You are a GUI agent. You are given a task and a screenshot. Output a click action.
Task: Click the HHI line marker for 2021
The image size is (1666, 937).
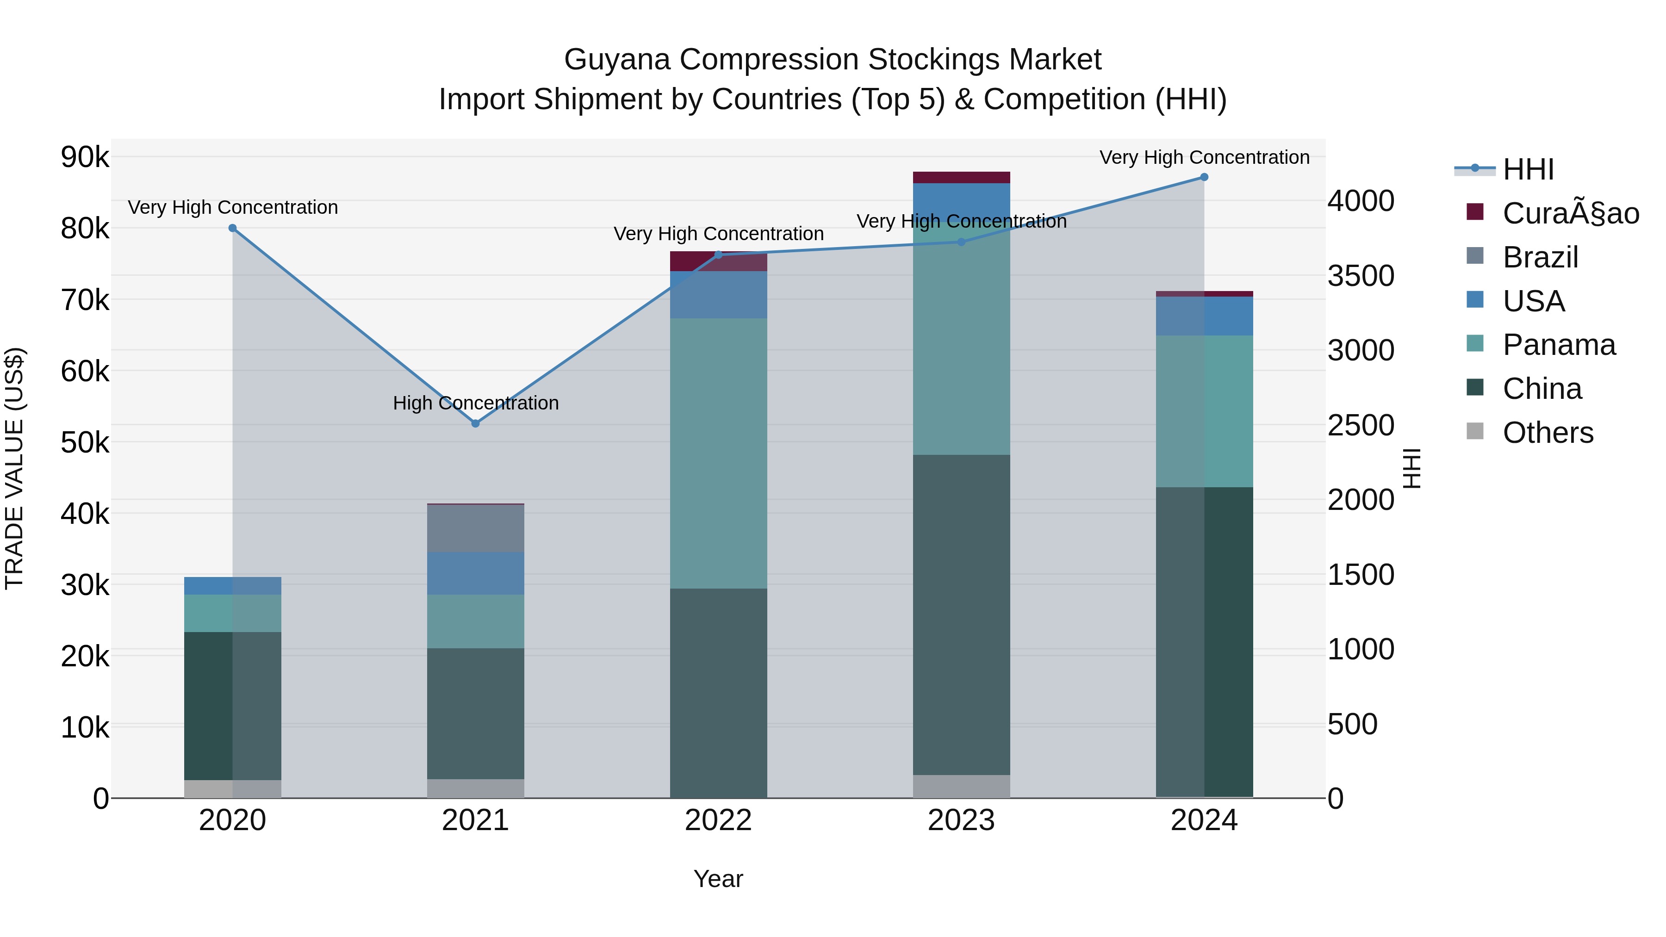[475, 423]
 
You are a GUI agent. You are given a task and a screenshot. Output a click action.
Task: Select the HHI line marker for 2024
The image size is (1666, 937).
[1204, 177]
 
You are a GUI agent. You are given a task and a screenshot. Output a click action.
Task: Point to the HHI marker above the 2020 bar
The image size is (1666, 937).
[233, 228]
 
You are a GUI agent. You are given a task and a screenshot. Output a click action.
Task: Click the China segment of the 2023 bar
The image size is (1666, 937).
[961, 614]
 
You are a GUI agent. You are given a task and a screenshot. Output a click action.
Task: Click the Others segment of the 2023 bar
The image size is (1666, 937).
[961, 786]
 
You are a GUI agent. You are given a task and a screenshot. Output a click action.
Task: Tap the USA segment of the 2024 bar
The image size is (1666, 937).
[1204, 316]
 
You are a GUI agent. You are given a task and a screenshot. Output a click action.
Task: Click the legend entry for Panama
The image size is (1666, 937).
[1559, 345]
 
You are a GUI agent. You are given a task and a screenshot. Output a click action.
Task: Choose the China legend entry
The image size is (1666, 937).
[1542, 389]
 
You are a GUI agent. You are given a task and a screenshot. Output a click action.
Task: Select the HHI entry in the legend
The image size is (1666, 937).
[1528, 169]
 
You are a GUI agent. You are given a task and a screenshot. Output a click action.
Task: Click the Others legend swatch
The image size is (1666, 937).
[1475, 431]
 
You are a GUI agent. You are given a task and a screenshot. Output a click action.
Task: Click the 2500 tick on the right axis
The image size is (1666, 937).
[1361, 426]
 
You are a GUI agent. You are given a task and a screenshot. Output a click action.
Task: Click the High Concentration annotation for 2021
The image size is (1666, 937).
[475, 403]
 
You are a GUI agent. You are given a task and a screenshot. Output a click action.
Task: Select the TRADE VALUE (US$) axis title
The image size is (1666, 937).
[14, 468]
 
